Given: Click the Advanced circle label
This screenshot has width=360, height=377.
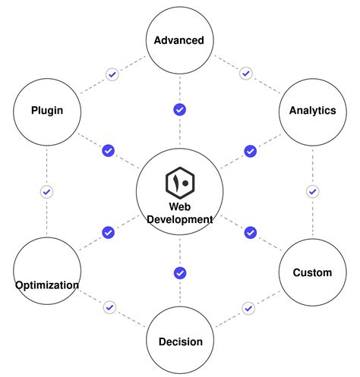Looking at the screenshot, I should coord(179,40).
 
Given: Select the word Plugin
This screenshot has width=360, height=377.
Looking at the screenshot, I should coord(46,110).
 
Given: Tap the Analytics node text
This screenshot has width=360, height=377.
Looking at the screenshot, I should coord(312,110).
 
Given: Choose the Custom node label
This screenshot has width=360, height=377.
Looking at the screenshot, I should coord(312,272).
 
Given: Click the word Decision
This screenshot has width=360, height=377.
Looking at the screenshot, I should coord(180,341).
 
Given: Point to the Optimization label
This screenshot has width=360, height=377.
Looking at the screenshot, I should coord(46,285).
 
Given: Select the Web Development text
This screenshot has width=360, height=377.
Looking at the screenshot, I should coord(180,212).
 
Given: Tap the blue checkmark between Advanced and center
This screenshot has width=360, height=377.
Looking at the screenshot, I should coord(180,110).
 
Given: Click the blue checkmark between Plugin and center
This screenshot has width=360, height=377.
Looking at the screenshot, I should coord(108,151).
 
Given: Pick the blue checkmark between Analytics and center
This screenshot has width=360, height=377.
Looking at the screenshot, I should coord(250,151).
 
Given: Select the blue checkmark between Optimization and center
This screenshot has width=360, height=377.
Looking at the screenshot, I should coord(108,232).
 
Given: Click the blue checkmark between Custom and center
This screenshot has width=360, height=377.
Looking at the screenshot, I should coord(250,232).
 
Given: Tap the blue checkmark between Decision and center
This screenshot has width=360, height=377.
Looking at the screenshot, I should coord(180,272).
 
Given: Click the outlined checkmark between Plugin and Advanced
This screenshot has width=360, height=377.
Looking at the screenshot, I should coord(112,74).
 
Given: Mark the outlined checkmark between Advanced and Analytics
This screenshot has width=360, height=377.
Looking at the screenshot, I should coord(245,74).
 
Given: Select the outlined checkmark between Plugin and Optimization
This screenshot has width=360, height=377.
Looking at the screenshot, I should coord(46,192).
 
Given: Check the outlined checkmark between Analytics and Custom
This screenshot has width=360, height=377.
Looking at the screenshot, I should coord(312,191).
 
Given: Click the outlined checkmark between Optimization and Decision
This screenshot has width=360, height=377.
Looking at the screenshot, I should coord(110,307).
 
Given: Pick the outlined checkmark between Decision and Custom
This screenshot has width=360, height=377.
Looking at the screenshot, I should coord(248,308).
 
